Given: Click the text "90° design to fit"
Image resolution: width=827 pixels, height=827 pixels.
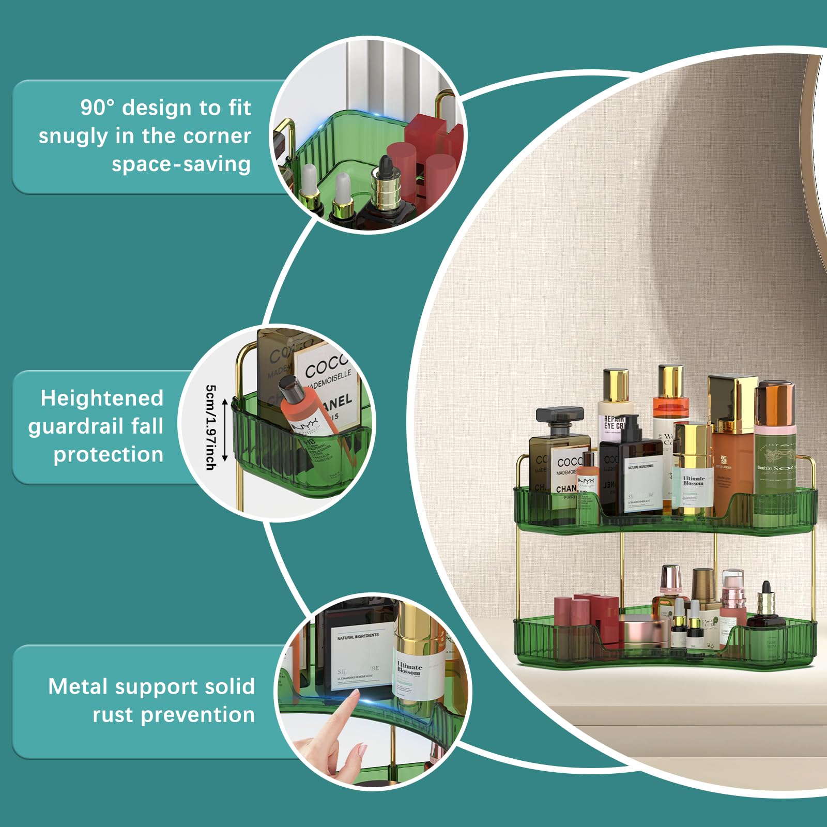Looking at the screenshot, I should (165, 108).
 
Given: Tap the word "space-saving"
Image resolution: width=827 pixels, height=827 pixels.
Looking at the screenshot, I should (181, 164).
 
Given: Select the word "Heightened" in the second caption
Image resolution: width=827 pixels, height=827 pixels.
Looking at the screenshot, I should (102, 399).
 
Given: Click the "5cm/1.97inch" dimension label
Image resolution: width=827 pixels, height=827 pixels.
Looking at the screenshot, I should (211, 427).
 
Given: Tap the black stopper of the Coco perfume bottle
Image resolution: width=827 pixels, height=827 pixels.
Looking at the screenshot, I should (560, 415).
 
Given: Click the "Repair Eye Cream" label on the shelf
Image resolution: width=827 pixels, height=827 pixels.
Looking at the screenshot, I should (614, 422).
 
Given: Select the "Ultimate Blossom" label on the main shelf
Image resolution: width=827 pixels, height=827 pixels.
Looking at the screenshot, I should (693, 481).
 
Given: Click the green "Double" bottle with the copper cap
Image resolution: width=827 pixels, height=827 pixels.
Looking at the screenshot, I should (774, 445).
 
